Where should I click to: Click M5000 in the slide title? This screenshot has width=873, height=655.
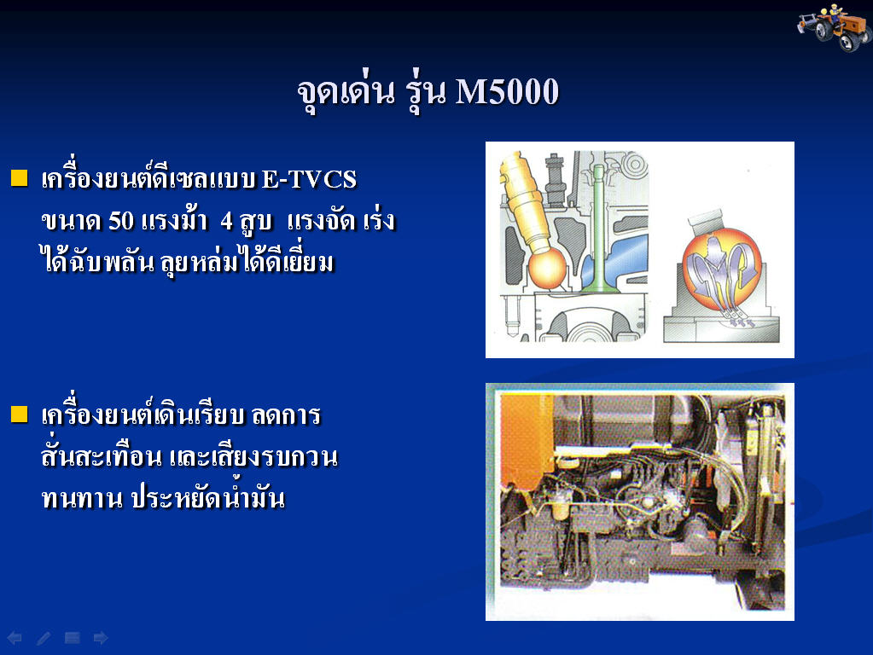(x=507, y=91)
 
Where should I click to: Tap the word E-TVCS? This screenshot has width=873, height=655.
(x=309, y=179)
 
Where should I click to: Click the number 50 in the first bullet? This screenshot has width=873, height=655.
(x=121, y=221)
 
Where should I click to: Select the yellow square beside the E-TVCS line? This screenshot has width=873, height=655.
(x=19, y=178)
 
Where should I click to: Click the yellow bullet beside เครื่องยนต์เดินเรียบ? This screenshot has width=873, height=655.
(x=19, y=414)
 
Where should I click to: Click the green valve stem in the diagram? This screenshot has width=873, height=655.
(x=598, y=229)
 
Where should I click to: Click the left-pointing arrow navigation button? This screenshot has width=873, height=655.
(x=15, y=638)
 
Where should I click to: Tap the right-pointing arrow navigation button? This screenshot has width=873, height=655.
(x=101, y=638)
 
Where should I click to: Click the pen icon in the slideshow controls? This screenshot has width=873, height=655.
(x=44, y=638)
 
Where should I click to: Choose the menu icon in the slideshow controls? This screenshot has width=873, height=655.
(x=73, y=638)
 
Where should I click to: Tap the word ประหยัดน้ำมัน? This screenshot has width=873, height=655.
(x=208, y=497)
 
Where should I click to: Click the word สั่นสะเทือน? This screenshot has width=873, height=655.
(x=102, y=456)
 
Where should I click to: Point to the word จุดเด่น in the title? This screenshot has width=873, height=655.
(x=346, y=92)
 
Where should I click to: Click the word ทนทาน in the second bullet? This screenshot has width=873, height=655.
(x=82, y=499)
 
